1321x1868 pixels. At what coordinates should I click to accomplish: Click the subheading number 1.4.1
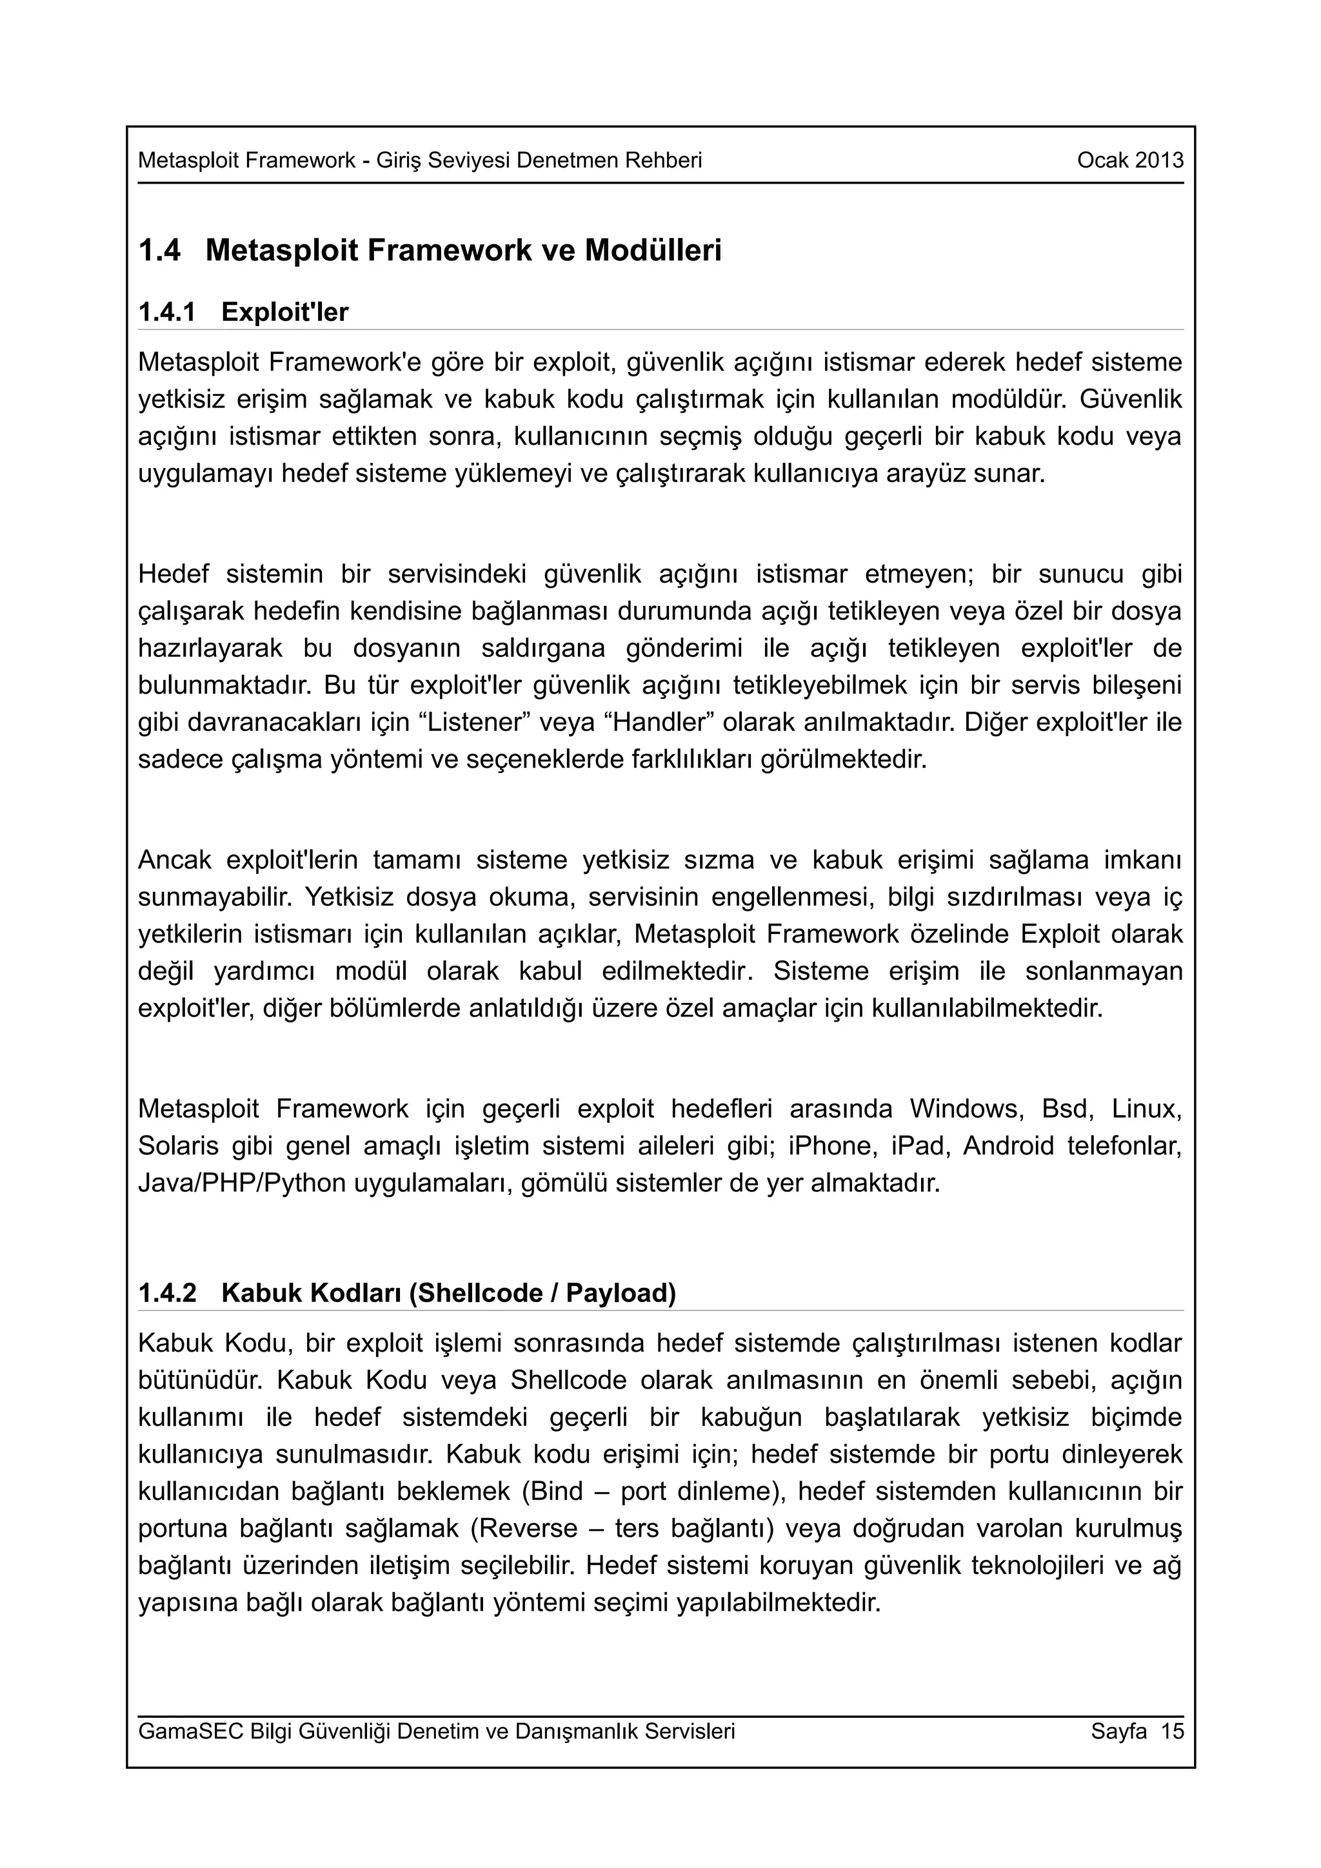(x=167, y=313)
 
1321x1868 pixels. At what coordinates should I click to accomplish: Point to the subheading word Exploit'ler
(x=285, y=313)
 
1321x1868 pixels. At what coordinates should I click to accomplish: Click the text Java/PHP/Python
(x=242, y=1183)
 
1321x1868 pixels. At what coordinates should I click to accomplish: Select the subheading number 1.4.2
(x=167, y=1293)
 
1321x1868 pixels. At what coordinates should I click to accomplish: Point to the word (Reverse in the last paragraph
(x=524, y=1529)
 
